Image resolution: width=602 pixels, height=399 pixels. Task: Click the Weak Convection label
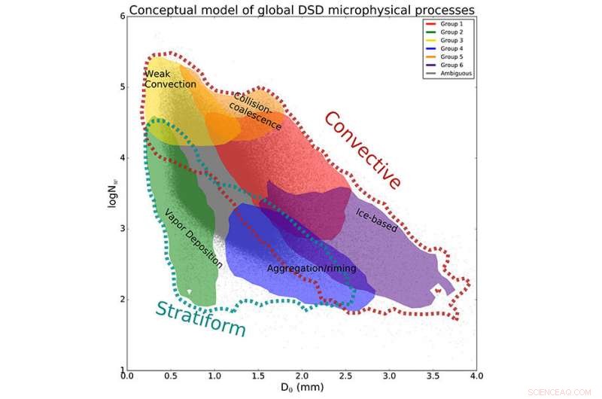tap(170, 79)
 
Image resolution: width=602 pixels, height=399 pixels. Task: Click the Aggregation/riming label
tap(312, 268)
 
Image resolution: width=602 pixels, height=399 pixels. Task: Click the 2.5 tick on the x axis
tap(345, 376)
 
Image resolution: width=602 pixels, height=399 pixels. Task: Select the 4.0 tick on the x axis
tap(475, 376)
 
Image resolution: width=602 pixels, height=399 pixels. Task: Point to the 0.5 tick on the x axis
tap(170, 376)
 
